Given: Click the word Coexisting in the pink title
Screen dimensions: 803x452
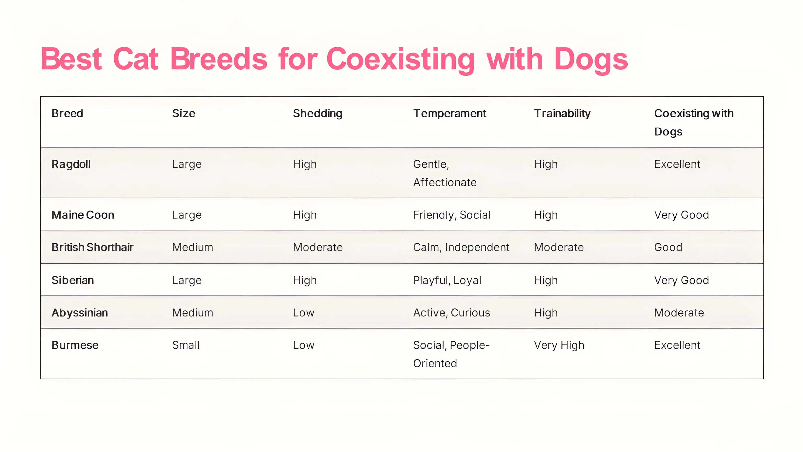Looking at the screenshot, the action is [400, 60].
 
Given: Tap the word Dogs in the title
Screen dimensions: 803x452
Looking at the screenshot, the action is [591, 60].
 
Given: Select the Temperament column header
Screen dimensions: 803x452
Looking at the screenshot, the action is [450, 113].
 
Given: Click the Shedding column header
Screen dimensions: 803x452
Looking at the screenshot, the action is [318, 114].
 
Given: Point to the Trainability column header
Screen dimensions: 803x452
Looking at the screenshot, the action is [562, 114].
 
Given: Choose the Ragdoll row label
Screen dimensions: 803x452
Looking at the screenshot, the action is [71, 164].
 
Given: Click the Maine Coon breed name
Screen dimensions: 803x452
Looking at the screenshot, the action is [83, 215].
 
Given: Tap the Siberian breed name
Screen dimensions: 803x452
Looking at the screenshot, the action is [73, 280].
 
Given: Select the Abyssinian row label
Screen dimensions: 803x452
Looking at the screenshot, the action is [80, 313].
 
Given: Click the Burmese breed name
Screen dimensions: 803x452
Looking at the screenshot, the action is [75, 345].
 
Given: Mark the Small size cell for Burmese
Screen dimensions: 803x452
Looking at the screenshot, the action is [186, 345].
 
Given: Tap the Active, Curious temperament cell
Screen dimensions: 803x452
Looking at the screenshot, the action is [452, 313].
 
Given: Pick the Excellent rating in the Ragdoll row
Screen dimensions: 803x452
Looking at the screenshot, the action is [677, 164].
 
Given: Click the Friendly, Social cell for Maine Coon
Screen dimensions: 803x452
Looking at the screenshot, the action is [452, 215].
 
